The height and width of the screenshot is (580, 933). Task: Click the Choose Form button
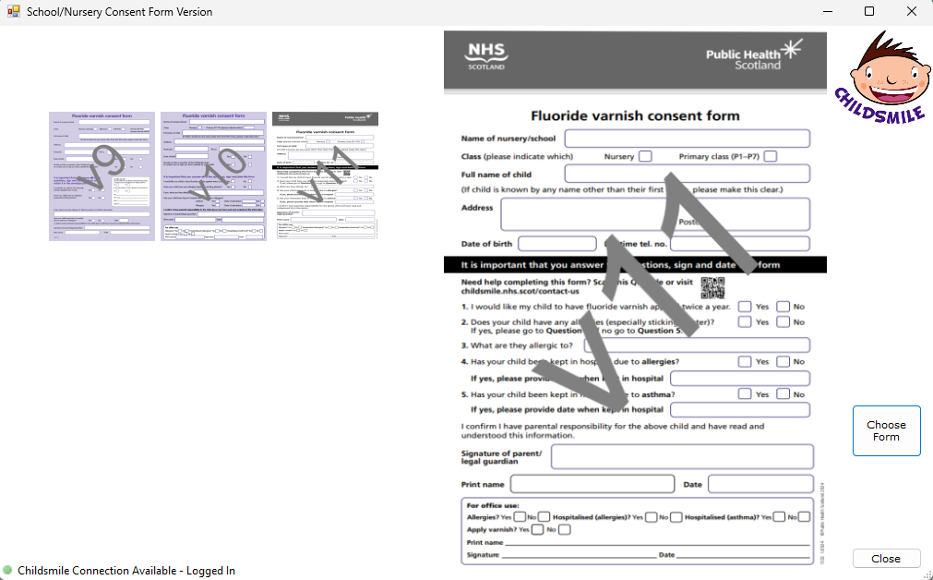[886, 430]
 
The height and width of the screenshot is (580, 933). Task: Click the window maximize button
[869, 12]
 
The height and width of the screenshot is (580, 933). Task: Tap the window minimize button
[827, 12]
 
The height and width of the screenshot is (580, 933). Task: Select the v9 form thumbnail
[102, 175]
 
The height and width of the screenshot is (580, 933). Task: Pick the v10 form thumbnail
[213, 175]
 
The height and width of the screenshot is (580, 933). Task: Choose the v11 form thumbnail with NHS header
[325, 175]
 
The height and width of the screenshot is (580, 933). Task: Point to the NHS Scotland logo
[486, 56]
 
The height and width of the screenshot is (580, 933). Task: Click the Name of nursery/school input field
[687, 139]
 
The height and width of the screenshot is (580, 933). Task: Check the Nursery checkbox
[645, 156]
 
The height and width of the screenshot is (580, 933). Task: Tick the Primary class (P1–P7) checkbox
[771, 156]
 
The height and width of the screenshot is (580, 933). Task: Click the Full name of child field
[687, 174]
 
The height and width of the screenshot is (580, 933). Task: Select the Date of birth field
[556, 244]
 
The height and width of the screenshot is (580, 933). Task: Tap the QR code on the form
[712, 285]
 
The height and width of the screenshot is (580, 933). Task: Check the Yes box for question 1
[745, 307]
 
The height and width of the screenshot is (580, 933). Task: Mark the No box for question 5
[783, 393]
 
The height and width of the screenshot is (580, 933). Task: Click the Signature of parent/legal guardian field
[682, 456]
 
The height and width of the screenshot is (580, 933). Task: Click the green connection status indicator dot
[7, 570]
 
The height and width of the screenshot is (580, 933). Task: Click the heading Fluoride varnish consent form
[635, 116]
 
